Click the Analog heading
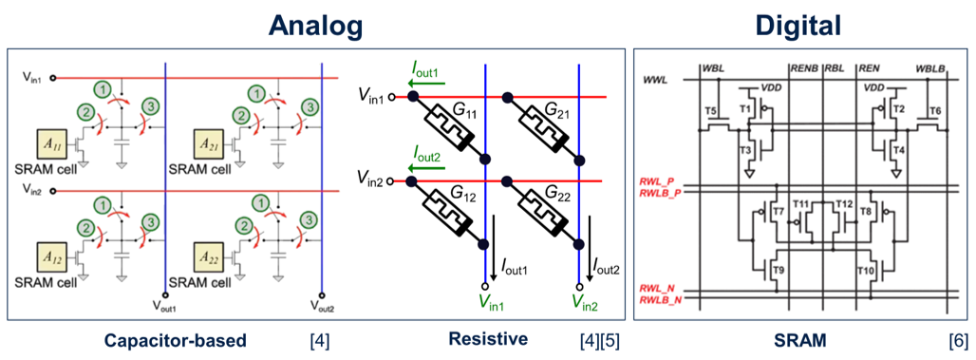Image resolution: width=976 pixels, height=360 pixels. pyautogui.click(x=315, y=26)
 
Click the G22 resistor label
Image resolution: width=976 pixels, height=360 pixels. pyautogui.click(x=553, y=198)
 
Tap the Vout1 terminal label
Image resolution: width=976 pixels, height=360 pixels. pyautogui.click(x=165, y=307)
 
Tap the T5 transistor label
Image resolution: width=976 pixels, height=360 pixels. pyautogui.click(x=711, y=112)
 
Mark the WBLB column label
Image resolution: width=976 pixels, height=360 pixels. pyautogui.click(x=928, y=66)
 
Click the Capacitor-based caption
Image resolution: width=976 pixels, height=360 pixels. pyautogui.click(x=176, y=341)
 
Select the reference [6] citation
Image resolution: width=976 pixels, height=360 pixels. pyautogui.click(x=959, y=341)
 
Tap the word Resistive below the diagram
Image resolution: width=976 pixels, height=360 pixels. pyautogui.click(x=488, y=339)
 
